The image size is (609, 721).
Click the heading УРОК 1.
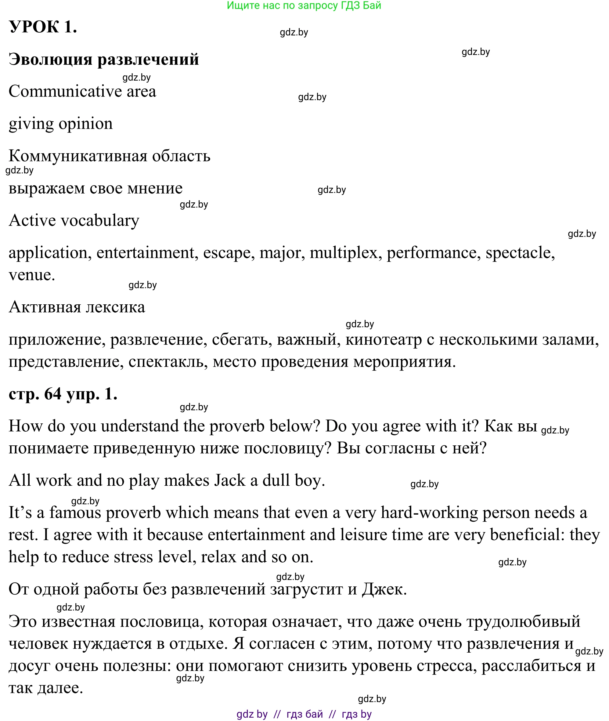coord(43,27)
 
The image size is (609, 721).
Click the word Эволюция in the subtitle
coord(50,60)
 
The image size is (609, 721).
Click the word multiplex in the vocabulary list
coord(344,253)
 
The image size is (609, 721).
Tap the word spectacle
coord(520,253)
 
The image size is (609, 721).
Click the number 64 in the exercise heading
coord(53,394)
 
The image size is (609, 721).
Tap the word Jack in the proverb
coord(229,480)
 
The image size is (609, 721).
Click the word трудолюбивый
coord(523,622)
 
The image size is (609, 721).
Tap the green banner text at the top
coord(304,5)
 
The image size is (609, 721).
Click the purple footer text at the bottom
coord(304,714)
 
